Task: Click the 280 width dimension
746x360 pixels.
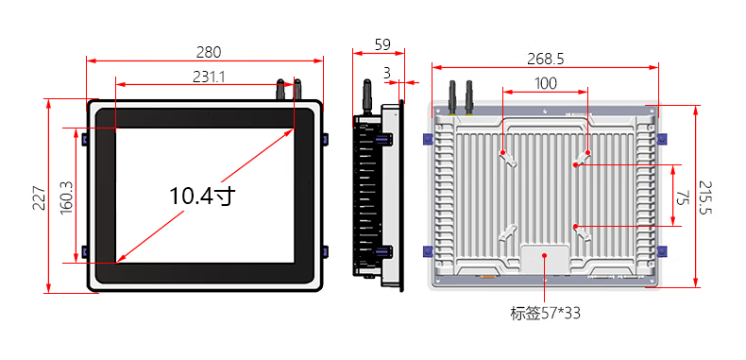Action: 209,52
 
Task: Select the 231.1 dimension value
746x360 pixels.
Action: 209,77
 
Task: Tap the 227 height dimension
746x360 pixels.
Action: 39,197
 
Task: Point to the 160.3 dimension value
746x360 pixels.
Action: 67,197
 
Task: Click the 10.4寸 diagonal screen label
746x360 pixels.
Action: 203,196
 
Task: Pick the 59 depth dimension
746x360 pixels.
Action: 382,44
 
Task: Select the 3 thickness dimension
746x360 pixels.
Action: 386,73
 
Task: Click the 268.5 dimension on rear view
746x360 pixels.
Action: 545,59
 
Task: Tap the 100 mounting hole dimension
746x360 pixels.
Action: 545,83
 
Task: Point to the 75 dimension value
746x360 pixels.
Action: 683,197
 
